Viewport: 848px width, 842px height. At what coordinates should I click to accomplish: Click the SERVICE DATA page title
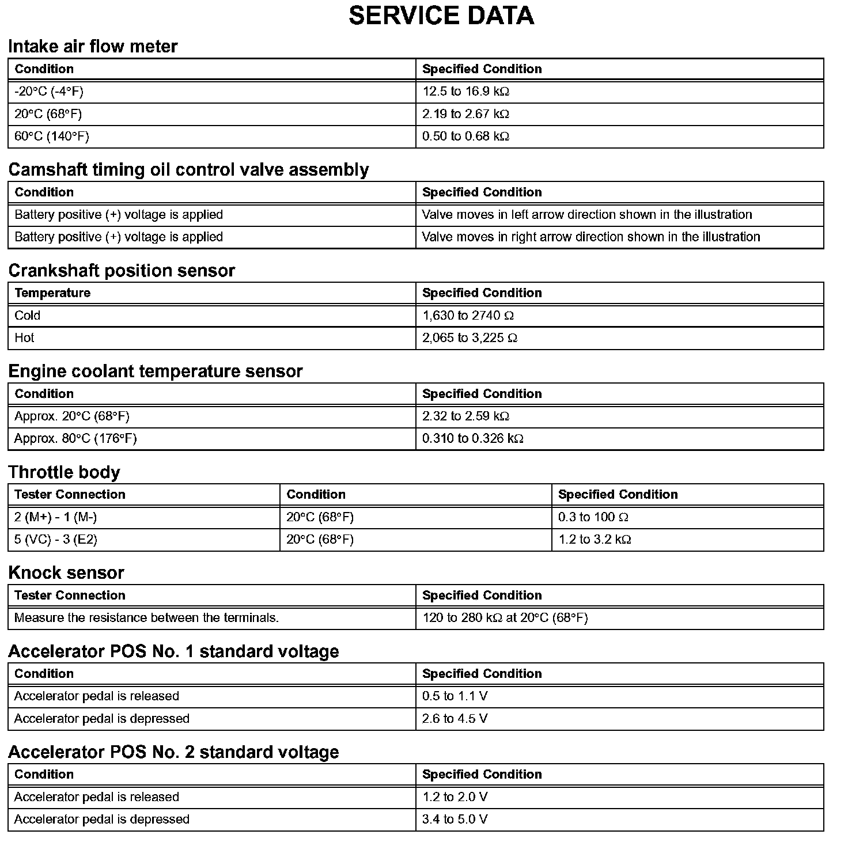coord(441,16)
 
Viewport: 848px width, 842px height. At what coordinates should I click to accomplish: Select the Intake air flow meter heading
coord(93,46)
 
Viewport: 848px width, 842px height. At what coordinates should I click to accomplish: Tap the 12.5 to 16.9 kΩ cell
coord(465,92)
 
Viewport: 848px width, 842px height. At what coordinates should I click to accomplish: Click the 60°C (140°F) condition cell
coord(52,136)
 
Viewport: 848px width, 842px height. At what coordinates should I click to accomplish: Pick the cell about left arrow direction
coord(586,215)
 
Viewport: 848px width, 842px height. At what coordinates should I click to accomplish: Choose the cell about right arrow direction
coord(590,237)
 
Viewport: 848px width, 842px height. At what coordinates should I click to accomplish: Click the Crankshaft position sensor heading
coord(122,271)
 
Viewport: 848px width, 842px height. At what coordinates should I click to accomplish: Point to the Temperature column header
coord(52,293)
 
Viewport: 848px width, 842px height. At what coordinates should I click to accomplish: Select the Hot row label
coord(24,338)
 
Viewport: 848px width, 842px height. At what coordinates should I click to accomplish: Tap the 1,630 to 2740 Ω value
coord(468,316)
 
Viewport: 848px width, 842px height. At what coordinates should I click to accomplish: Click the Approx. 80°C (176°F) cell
coord(75,439)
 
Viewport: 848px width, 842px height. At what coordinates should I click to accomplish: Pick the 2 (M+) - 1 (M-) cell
coord(55,517)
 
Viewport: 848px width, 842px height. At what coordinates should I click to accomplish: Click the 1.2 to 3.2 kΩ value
coord(595,540)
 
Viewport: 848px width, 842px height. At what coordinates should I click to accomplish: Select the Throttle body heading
coord(64,472)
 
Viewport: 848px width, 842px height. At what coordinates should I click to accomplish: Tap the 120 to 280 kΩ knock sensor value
coord(505,618)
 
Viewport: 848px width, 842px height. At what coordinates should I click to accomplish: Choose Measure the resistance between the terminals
coord(146,618)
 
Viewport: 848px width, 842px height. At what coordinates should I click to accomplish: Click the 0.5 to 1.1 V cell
coord(455,696)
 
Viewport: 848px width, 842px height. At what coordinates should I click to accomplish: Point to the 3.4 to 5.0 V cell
coord(455,820)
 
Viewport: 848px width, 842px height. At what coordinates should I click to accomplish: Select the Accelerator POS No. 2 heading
coord(173,752)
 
